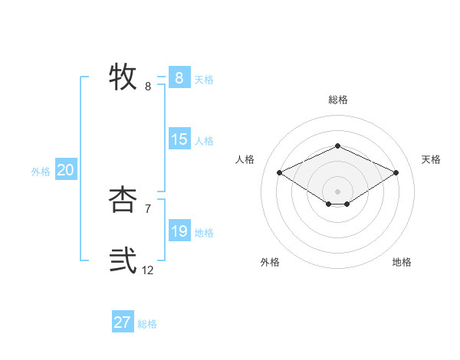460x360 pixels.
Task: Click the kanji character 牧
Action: [123, 77]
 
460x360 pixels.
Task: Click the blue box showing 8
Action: [179, 78]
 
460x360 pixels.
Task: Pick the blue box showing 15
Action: [179, 139]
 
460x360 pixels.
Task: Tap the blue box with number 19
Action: [179, 231]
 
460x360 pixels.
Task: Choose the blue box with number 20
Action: [65, 170]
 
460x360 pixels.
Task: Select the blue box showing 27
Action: [122, 322]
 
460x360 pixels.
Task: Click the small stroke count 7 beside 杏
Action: [148, 208]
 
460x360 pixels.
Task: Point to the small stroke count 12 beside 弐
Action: [148, 270]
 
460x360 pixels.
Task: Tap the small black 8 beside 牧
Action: [148, 87]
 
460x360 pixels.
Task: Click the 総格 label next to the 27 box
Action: [147, 324]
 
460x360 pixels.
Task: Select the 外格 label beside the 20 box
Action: [41, 172]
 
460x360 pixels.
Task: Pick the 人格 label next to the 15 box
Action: [204, 141]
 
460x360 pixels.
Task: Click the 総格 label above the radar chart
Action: [337, 100]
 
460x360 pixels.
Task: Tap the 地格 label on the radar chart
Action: [402, 262]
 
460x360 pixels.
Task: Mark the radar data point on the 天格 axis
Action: [396, 173]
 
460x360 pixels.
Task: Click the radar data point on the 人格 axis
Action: [280, 173]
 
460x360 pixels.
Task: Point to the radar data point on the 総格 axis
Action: [337, 146]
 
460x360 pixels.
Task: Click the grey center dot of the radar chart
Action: [337, 191]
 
